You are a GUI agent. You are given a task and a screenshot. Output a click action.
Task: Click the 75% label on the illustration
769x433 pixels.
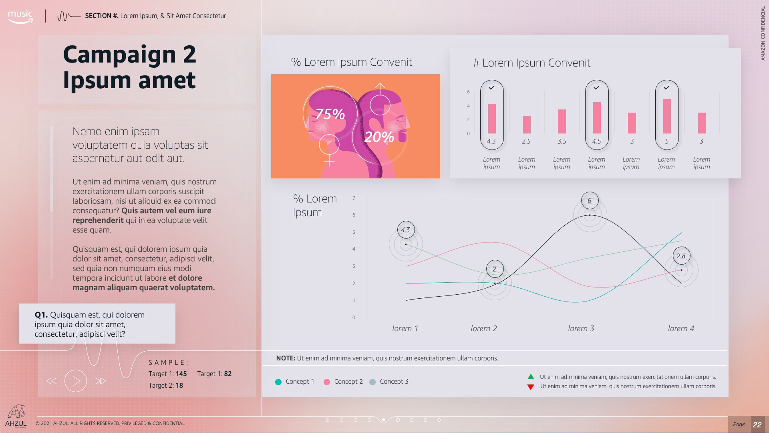330,114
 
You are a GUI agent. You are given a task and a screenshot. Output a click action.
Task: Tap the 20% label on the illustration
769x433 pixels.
379,137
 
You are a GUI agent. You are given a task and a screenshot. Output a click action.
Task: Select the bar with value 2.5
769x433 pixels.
527,125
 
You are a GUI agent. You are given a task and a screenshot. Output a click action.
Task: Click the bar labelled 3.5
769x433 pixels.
562,121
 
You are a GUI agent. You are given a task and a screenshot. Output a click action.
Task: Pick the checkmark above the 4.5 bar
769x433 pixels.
596,87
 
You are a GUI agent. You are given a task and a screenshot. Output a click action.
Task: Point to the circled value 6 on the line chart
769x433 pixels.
590,200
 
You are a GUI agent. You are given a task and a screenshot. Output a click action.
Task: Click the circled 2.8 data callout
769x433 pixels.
681,256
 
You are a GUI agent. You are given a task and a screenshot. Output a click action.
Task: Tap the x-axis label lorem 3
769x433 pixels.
581,328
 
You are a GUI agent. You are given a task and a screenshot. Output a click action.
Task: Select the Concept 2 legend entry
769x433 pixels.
343,382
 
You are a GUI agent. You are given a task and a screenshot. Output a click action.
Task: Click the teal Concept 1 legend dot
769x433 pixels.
278,382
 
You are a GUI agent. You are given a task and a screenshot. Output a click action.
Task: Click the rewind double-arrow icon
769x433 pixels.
52,381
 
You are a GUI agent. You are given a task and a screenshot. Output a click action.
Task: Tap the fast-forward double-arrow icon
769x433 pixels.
100,381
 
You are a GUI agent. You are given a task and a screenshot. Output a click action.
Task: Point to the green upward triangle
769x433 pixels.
531,377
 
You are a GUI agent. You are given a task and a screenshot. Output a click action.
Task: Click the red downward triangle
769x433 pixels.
531,387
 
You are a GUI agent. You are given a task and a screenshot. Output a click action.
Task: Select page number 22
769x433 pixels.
757,425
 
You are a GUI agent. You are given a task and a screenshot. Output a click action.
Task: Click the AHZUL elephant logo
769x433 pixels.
16,412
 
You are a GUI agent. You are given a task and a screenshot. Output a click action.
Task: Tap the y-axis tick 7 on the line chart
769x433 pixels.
354,198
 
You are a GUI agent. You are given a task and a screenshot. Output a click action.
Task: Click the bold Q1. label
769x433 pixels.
41,315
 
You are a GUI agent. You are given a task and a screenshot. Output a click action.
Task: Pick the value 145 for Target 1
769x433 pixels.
181,374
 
